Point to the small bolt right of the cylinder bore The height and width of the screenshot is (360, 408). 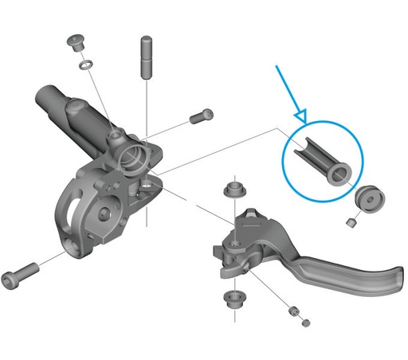[200, 117]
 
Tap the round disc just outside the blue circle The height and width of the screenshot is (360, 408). [367, 198]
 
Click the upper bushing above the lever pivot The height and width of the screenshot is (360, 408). [233, 190]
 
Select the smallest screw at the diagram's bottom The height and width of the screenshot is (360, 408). [304, 324]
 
